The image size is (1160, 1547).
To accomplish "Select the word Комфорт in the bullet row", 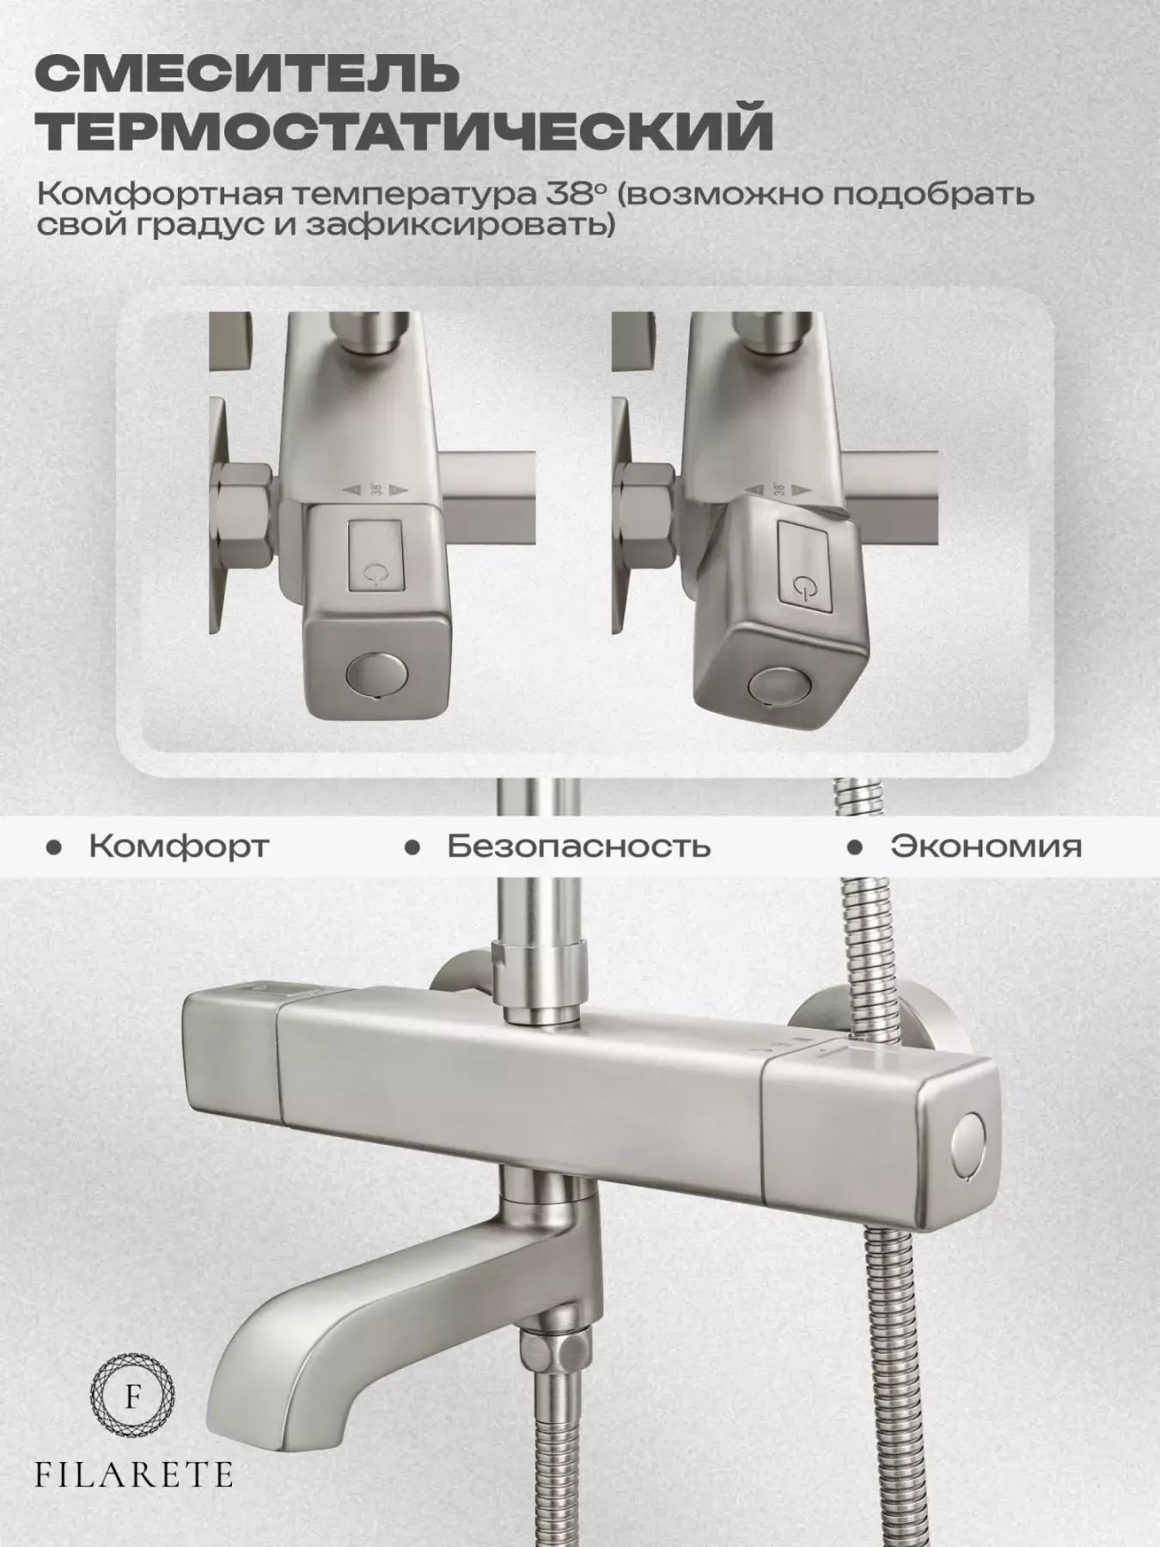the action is pos(179,846).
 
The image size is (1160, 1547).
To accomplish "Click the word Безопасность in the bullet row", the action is pos(579,846).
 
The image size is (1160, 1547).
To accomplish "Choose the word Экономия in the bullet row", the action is pos(986,846).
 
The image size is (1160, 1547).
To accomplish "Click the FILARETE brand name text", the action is pos(133,1475).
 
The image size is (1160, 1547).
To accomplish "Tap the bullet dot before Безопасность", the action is pos(412,848).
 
